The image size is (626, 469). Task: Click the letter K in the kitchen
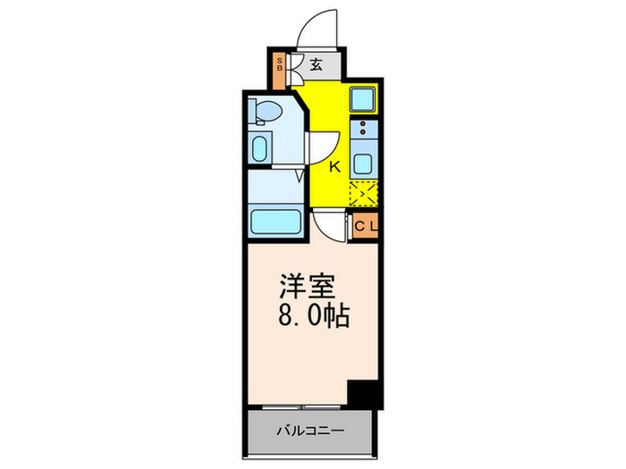[336, 166]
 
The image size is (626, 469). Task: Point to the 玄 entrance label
[318, 64]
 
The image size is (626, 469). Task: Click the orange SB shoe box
[279, 66]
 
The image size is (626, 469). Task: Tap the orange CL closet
[366, 226]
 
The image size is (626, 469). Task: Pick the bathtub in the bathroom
[274, 222]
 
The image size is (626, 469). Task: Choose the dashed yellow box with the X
[363, 193]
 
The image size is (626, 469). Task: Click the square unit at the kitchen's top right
[363, 99]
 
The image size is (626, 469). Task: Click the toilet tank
[256, 111]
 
